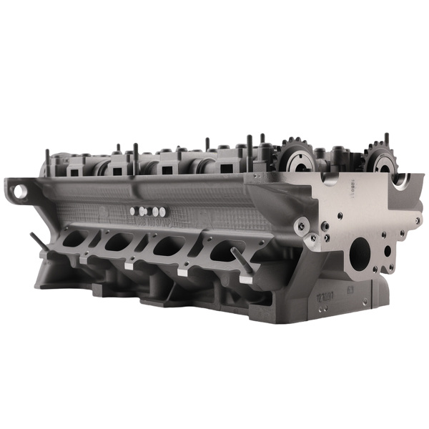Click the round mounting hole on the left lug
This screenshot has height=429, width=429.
point(19,191)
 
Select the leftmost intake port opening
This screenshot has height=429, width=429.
point(74,240)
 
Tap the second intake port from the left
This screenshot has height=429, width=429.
point(118,242)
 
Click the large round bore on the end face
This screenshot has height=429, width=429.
point(359,253)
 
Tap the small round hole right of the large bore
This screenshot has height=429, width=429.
point(387,252)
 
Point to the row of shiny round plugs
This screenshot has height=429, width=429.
point(148,211)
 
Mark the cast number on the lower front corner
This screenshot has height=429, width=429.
point(325,296)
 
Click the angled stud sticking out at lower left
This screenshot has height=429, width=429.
point(39,242)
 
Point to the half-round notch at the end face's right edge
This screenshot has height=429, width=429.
point(401,180)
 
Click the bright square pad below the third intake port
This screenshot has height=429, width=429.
point(183,272)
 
